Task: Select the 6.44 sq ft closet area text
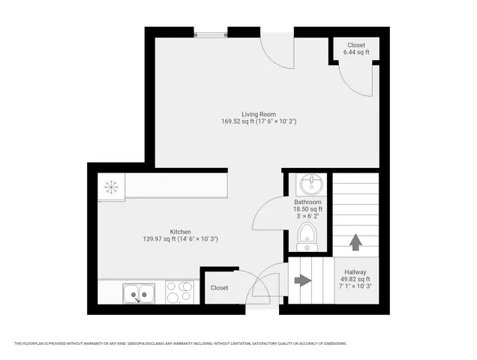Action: pyautogui.click(x=355, y=52)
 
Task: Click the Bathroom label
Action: pyautogui.click(x=307, y=202)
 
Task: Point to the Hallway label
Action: pyautogui.click(x=355, y=271)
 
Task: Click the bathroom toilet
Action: pyautogui.click(x=307, y=237)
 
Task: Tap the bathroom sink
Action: pyautogui.click(x=307, y=184)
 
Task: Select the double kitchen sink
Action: pyautogui.click(x=139, y=292)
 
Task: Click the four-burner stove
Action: pyautogui.click(x=180, y=292)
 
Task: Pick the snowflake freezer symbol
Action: pyautogui.click(x=111, y=187)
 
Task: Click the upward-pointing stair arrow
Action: pyautogui.click(x=355, y=242)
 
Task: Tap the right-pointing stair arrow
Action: pyautogui.click(x=303, y=280)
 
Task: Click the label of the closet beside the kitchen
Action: pyautogui.click(x=219, y=287)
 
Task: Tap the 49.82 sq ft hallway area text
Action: pyautogui.click(x=355, y=279)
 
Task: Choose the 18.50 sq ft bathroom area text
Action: pyautogui.click(x=307, y=210)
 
